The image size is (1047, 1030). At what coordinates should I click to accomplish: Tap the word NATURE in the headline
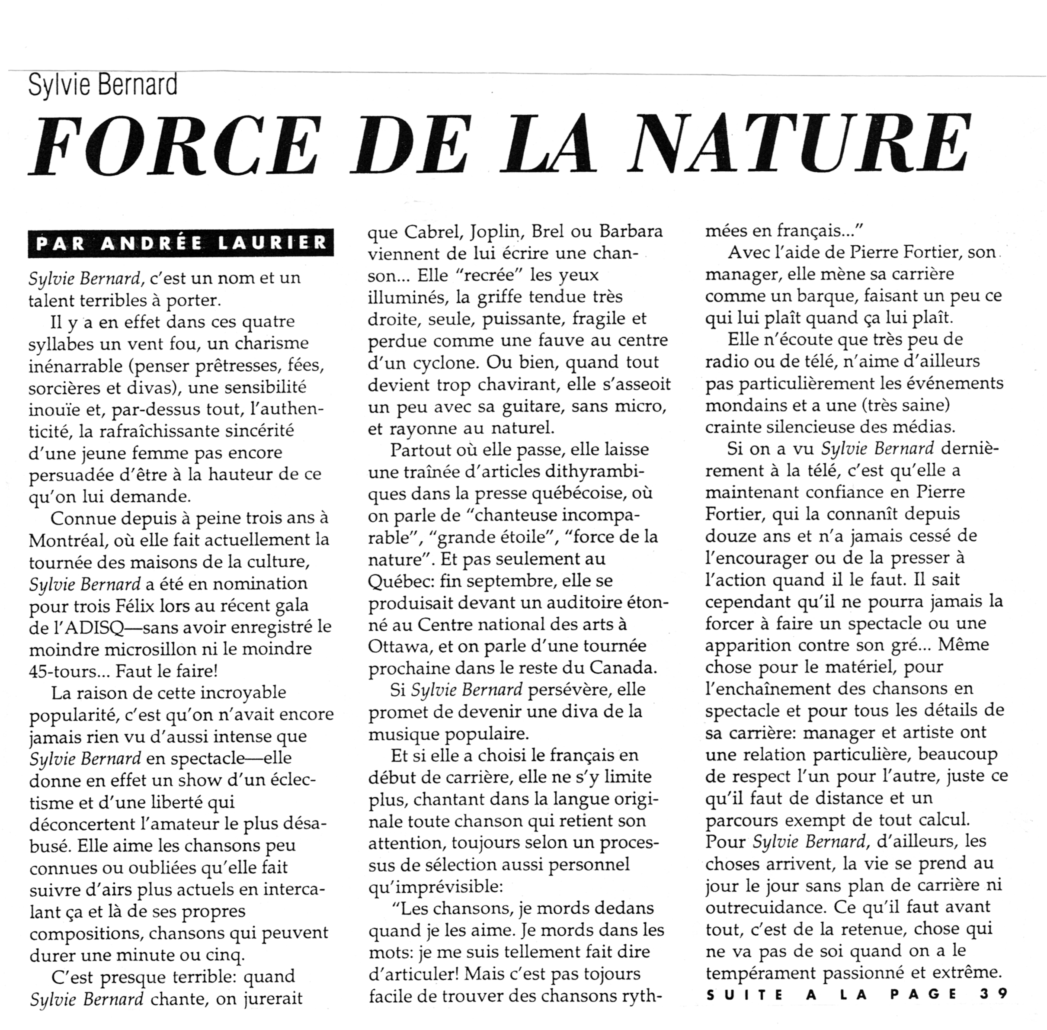coord(800,144)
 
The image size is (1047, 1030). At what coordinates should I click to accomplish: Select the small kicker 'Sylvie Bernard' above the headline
coord(103,85)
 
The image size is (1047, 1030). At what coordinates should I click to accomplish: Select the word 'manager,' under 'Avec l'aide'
coord(743,274)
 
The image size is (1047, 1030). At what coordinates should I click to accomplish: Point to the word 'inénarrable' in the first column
coord(75,366)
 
